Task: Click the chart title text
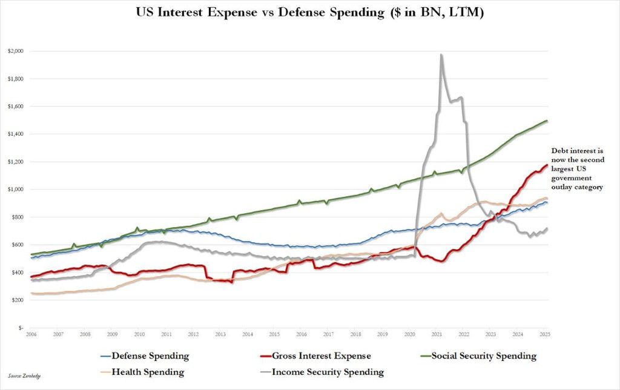coord(309,13)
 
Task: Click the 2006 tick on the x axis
coord(31,334)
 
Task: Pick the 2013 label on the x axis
coord(220,334)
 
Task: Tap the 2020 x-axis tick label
coord(410,334)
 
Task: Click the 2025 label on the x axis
coord(545,334)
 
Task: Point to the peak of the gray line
coord(441,55)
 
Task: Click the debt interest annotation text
coord(578,169)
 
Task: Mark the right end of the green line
coord(547,121)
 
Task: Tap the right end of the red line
coord(547,165)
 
